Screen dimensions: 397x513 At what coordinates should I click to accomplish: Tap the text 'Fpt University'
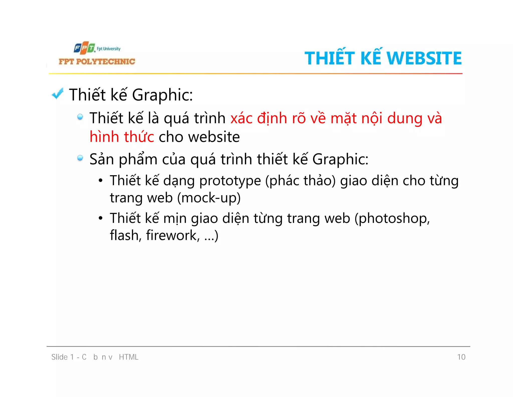click(x=109, y=49)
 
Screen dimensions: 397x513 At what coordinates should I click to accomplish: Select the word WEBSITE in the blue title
click(x=424, y=58)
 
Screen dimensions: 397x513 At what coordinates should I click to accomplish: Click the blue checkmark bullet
click(x=58, y=94)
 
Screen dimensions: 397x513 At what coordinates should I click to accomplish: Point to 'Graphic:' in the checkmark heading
click(x=162, y=95)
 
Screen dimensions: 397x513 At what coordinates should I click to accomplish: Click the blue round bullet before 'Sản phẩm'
click(x=80, y=158)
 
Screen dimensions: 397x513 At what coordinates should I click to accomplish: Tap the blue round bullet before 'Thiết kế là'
click(x=80, y=117)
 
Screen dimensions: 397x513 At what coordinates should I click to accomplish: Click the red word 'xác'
click(x=241, y=118)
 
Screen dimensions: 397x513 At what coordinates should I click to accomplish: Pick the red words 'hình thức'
click(x=122, y=137)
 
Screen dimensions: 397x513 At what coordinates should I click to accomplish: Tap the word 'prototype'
click(x=230, y=181)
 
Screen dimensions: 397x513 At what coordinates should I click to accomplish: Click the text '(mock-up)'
click(x=209, y=198)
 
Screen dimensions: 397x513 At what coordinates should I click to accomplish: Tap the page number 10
click(x=461, y=357)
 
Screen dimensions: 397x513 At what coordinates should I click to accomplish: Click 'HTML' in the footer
click(x=129, y=357)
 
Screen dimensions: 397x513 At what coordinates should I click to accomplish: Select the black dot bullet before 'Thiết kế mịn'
click(x=100, y=218)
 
